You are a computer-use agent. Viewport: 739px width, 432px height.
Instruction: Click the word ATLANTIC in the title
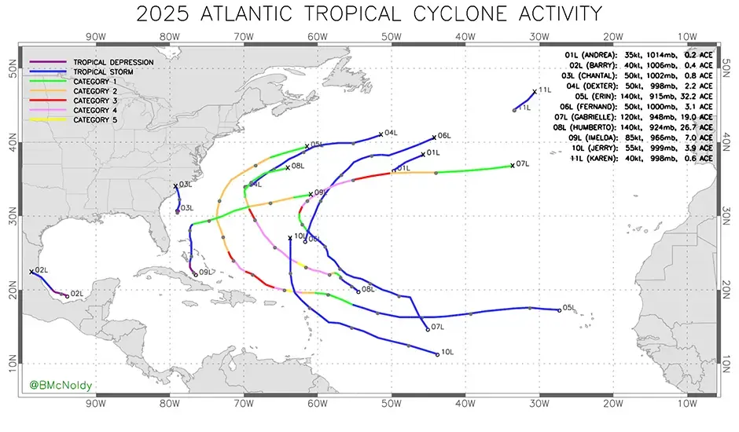(274, 13)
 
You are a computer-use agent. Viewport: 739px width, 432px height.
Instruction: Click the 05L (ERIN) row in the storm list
(638, 97)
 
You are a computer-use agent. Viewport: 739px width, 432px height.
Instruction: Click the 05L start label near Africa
(570, 308)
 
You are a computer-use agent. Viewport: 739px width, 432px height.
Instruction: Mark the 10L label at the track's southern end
(447, 353)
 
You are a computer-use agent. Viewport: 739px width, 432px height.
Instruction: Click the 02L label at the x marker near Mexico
(41, 270)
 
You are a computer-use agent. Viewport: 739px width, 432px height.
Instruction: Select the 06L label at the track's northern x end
(444, 136)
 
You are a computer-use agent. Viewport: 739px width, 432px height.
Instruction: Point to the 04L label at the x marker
(391, 133)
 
